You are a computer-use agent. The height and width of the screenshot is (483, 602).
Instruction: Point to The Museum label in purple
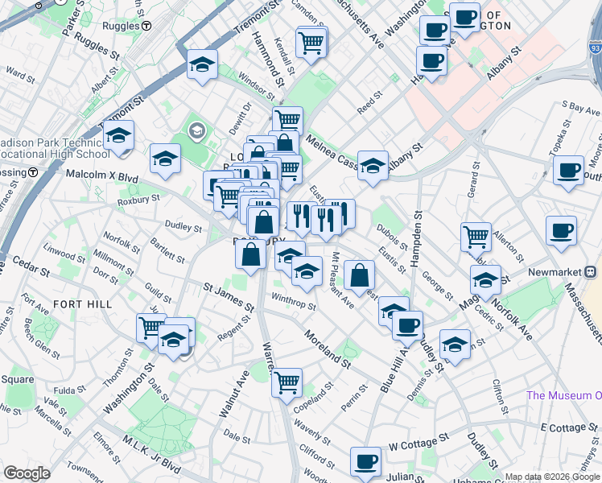click(563, 395)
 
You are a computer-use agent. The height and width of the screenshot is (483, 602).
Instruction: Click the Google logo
click(27, 473)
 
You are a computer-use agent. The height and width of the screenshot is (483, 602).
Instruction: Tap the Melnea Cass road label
click(330, 150)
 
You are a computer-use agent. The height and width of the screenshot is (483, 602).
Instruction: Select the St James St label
click(228, 297)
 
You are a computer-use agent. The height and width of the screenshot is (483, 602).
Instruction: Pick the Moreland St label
click(327, 348)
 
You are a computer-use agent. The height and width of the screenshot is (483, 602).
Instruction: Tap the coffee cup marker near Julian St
click(366, 461)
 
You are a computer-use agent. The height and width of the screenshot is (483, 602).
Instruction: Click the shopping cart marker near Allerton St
click(476, 237)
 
